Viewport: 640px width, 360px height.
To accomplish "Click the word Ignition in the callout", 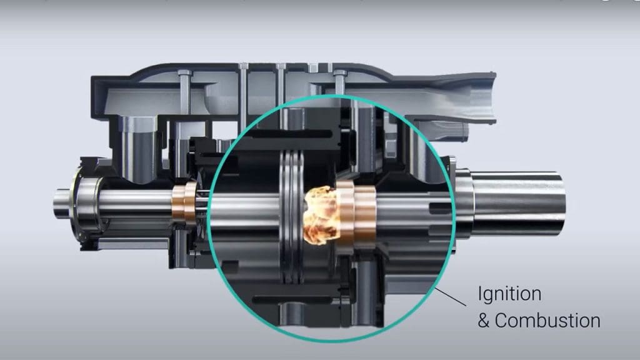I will pyautogui.click(x=509, y=294).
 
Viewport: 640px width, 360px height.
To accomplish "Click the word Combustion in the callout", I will pyautogui.click(x=547, y=321).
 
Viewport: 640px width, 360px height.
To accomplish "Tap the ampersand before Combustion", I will pyautogui.click(x=484, y=321).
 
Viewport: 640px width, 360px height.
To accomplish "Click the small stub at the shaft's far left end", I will pyautogui.click(x=60, y=204).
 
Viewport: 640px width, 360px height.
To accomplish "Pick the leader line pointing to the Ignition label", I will pyautogui.click(x=451, y=296).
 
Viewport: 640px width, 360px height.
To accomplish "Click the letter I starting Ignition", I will pyautogui.click(x=480, y=294).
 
